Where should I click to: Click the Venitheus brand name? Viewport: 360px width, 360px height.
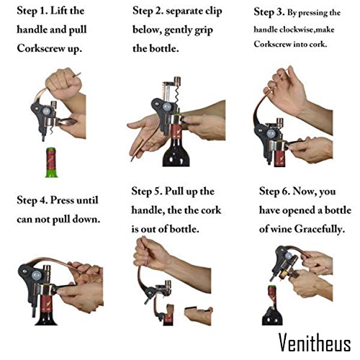(315, 342)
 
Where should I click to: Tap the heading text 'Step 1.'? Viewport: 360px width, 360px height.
(32, 11)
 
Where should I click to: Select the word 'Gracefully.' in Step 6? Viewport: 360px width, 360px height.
(320, 229)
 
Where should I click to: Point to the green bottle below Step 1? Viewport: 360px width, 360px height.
(52, 163)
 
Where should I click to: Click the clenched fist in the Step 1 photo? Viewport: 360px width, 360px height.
(63, 83)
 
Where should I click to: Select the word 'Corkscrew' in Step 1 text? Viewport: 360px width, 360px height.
(41, 48)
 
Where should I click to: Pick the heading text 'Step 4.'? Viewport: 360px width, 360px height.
(32, 200)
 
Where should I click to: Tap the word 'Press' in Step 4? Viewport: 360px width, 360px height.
(62, 200)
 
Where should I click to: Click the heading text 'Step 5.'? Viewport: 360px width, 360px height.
(147, 192)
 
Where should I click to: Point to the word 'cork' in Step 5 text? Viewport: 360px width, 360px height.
(211, 210)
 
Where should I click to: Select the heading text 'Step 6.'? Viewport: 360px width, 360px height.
(274, 192)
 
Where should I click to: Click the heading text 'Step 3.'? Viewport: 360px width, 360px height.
(269, 12)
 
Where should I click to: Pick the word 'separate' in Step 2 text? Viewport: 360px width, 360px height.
(181, 12)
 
